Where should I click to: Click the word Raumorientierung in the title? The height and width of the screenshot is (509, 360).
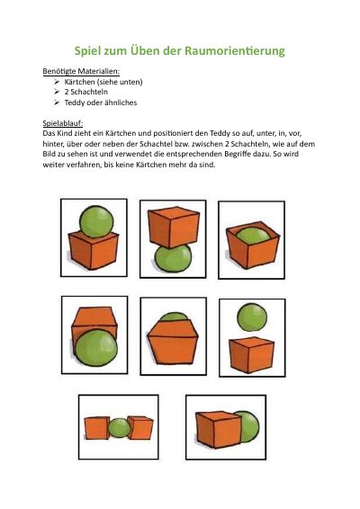[235, 51]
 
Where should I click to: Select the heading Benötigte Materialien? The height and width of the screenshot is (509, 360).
[81, 71]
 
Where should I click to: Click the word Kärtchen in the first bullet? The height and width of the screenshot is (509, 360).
[79, 82]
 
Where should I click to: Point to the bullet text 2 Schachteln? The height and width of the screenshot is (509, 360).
[85, 92]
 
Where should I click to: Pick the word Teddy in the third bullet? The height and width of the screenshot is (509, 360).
[75, 103]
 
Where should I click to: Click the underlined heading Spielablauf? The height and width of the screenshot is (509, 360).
[63, 123]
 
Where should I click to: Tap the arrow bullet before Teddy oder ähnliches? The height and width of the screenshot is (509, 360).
[57, 103]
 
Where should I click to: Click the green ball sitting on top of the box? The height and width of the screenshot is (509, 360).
[96, 222]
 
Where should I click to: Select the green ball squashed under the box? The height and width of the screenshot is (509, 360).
[174, 259]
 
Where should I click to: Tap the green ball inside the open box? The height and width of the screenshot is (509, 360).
[253, 236]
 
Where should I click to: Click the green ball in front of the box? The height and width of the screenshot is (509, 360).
[96, 348]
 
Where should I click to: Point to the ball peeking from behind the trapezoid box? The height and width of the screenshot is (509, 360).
[174, 317]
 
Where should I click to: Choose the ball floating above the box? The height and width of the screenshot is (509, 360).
[252, 317]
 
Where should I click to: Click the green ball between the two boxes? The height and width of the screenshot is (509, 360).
[119, 428]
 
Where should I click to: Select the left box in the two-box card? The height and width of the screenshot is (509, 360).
[96, 428]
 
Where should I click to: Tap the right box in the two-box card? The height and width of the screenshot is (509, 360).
[140, 428]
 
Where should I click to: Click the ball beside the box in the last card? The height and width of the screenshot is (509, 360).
[249, 427]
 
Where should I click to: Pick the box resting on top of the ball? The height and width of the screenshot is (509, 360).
[174, 228]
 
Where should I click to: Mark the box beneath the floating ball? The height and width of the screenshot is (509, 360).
[251, 355]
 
